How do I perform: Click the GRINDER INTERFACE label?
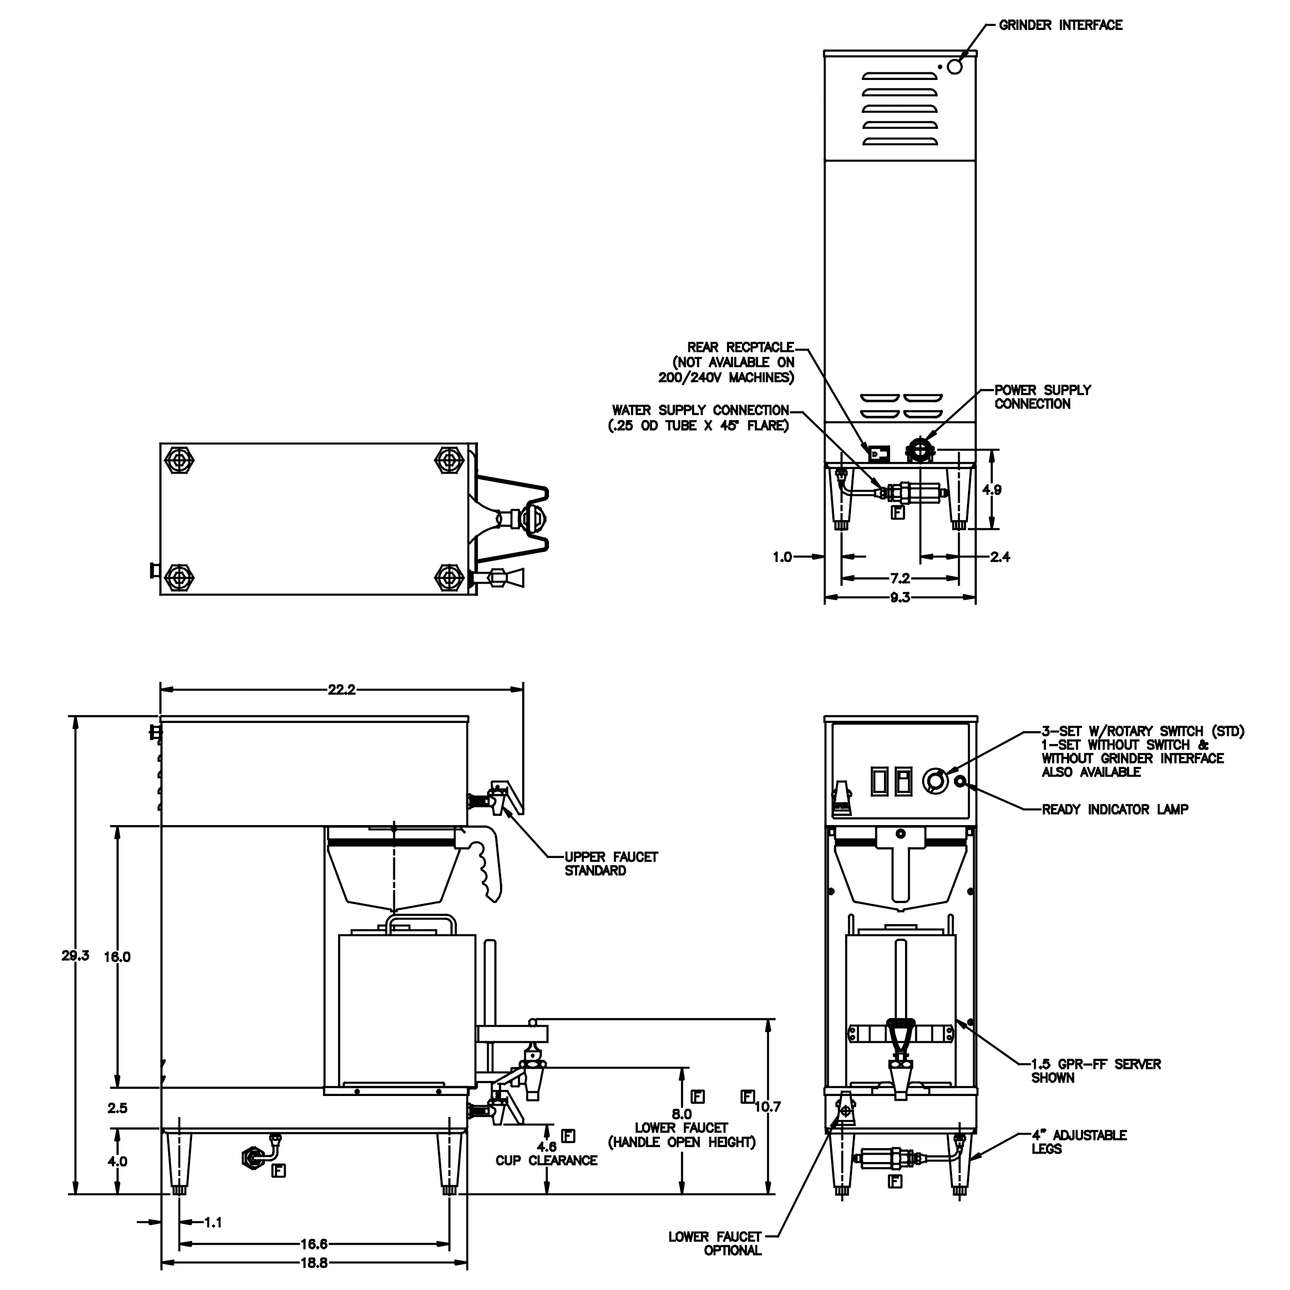(1060, 25)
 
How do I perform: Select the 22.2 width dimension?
(341, 690)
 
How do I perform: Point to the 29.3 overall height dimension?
(75, 956)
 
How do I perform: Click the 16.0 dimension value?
(118, 957)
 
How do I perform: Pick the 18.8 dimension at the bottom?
(313, 1263)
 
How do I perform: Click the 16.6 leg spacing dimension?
(313, 1244)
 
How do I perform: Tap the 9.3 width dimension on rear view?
(899, 598)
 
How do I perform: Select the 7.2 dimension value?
(899, 578)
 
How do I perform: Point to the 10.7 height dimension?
(767, 1106)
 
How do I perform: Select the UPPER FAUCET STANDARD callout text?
(611, 863)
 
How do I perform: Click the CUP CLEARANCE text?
(546, 1160)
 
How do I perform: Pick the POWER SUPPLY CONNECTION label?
(1042, 397)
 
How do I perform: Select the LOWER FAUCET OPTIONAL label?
(715, 1243)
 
